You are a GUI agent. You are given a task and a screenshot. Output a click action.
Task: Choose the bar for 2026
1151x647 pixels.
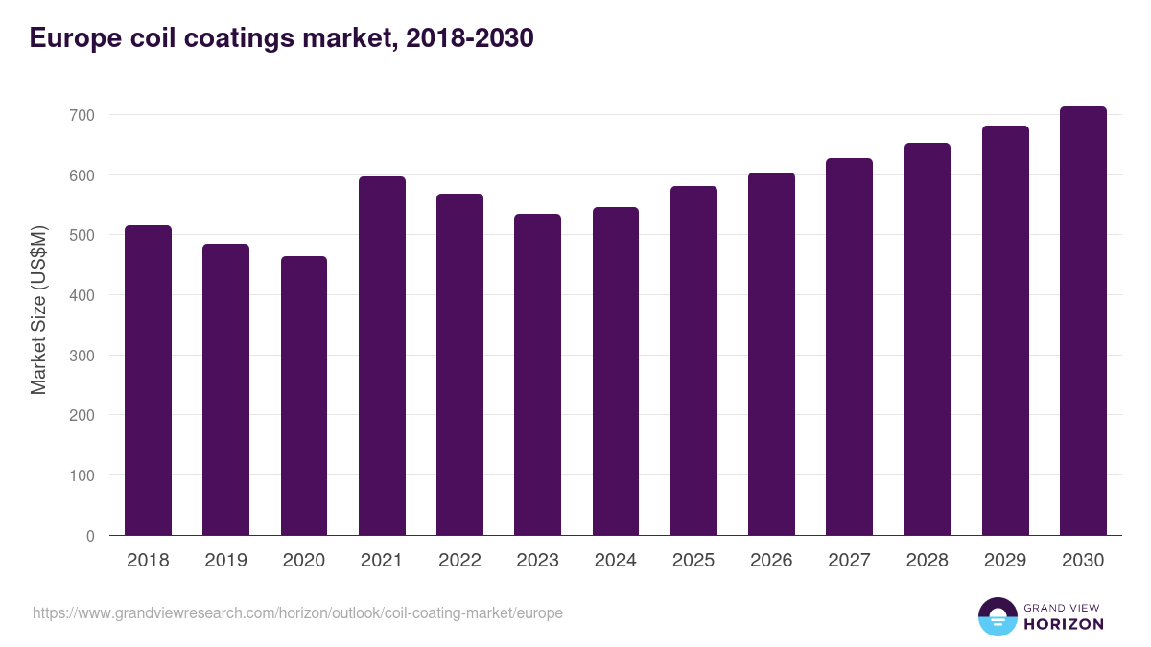click(771, 354)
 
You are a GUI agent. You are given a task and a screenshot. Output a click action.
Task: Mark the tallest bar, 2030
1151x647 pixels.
click(1083, 321)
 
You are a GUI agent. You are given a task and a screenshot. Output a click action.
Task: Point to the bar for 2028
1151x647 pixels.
click(928, 339)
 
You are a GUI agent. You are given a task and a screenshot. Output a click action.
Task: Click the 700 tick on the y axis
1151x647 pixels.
click(82, 115)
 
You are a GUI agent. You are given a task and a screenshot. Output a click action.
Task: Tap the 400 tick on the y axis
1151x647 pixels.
click(82, 295)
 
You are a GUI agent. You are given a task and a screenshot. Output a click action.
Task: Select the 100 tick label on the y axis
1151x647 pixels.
click(82, 475)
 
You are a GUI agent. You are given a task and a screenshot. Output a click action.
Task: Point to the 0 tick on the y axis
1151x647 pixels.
click(90, 536)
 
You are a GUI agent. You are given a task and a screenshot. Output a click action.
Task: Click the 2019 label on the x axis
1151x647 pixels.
click(225, 561)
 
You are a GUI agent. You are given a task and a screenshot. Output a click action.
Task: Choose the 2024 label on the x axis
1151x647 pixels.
click(615, 561)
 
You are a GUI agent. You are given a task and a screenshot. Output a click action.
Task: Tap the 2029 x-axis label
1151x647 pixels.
click(1005, 561)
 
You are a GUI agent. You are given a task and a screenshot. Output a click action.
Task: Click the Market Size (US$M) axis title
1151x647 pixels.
click(38, 309)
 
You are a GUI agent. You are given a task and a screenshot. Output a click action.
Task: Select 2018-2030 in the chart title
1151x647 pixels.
click(469, 38)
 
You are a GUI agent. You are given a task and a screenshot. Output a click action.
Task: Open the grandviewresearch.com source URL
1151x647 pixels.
click(297, 612)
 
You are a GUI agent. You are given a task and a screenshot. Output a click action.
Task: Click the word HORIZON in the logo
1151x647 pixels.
click(1064, 624)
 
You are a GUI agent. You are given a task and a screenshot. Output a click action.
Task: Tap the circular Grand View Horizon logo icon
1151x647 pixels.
click(998, 616)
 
